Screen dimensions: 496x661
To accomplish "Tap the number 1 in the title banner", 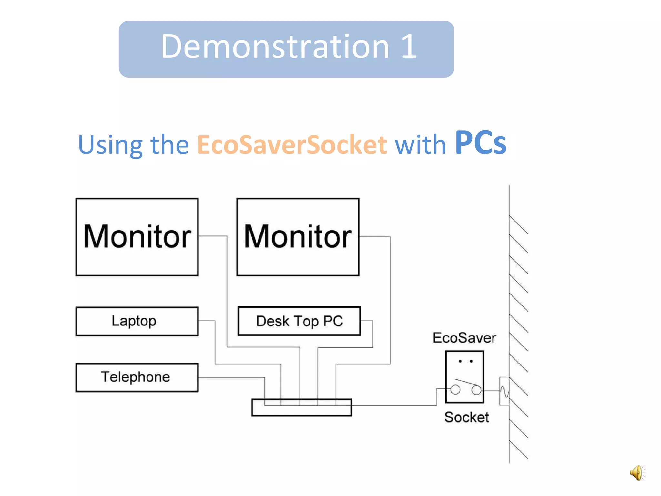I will click(x=409, y=47).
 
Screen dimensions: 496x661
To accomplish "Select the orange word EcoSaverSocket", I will click(x=292, y=145).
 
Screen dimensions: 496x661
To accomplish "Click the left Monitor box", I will click(x=137, y=237).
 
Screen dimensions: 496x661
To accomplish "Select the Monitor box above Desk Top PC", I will click(x=298, y=237).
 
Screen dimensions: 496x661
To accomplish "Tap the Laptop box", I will click(x=137, y=321).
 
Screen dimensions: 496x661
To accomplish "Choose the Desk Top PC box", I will click(x=299, y=321).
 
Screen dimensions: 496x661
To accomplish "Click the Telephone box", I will click(x=137, y=377).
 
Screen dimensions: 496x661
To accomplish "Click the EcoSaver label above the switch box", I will click(x=464, y=338).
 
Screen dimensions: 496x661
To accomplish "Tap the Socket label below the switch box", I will click(x=466, y=417).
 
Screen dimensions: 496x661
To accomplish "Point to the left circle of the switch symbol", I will click(x=455, y=390).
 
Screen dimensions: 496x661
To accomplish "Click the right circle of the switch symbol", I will click(x=476, y=390).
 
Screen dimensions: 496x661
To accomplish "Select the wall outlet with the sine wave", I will click(x=504, y=391).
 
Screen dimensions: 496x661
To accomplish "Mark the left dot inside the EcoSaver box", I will click(x=460, y=361).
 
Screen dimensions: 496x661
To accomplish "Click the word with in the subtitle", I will click(x=421, y=145).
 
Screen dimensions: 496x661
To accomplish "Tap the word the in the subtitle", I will click(x=170, y=145).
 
